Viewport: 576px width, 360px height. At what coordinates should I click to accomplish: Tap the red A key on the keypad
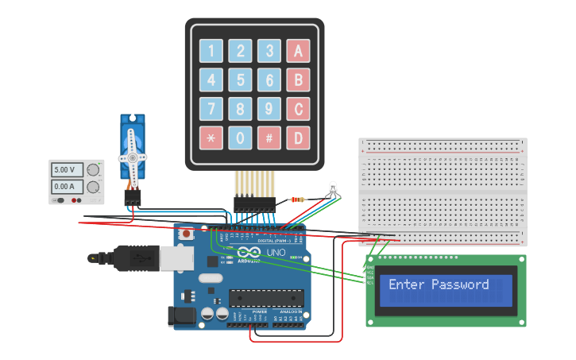298,51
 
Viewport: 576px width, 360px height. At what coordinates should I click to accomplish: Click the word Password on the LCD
460,285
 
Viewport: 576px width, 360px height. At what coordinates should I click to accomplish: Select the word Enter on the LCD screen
406,285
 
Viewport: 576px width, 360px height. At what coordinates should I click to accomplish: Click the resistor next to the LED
299,199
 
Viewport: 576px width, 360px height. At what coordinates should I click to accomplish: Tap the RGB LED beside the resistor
332,188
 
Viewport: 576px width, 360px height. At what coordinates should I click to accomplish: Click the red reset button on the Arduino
187,234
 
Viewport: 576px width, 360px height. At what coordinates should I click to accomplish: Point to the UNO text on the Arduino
275,253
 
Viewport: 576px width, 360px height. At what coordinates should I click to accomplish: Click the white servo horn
132,153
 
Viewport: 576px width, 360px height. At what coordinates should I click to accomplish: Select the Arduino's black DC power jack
181,316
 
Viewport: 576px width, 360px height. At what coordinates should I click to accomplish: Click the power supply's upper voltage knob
94,169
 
